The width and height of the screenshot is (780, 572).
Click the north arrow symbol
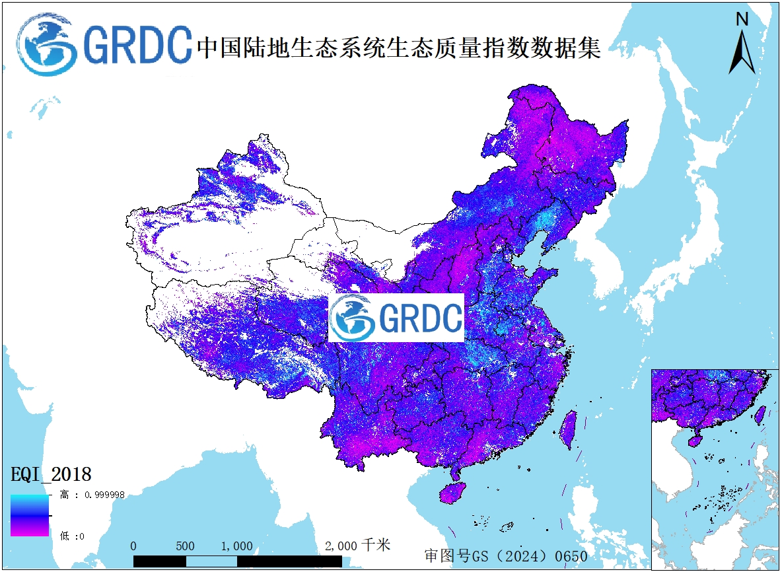coord(742,53)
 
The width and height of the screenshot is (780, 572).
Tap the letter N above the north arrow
coord(742,19)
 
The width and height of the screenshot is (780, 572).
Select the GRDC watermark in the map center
coord(396,318)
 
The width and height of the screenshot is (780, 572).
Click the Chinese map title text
coord(399,47)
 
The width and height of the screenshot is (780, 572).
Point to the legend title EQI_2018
coord(51,474)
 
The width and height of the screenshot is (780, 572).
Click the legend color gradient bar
coord(29,515)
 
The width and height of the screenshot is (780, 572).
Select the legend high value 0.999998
coord(92,494)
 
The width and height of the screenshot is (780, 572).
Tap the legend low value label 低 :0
coord(73,536)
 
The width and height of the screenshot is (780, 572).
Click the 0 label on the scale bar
coord(133,546)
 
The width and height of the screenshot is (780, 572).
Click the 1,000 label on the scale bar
coord(236,546)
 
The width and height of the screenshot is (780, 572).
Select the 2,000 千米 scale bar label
coord(357,546)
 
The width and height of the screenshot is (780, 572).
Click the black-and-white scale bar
coord(237,561)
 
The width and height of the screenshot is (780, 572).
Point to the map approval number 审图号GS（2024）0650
coord(505,556)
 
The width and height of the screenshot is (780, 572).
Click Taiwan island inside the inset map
coord(760,413)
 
